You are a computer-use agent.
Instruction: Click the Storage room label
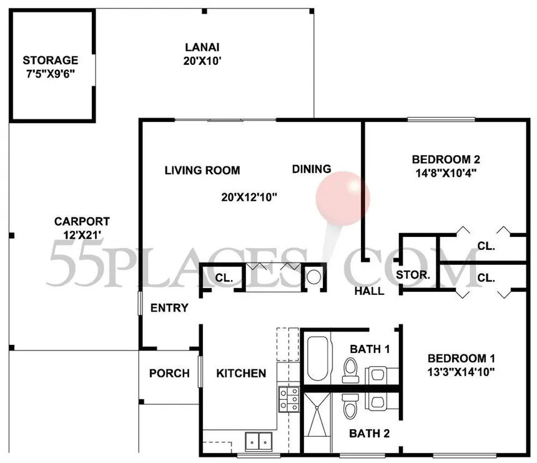coord(50,61)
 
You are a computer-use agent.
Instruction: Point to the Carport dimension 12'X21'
coord(82,234)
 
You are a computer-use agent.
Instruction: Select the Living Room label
coord(202,170)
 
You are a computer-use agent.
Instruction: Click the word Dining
coord(312,169)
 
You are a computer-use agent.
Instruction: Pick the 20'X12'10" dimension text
coord(249,197)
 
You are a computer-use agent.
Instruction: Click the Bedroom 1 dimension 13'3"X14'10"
coord(461,371)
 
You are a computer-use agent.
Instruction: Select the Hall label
coord(369,291)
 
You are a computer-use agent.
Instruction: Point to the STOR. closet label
coord(413,274)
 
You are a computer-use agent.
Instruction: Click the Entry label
coord(169,308)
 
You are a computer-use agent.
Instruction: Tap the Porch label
coord(169,373)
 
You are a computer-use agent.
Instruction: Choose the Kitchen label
coord(241,373)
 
